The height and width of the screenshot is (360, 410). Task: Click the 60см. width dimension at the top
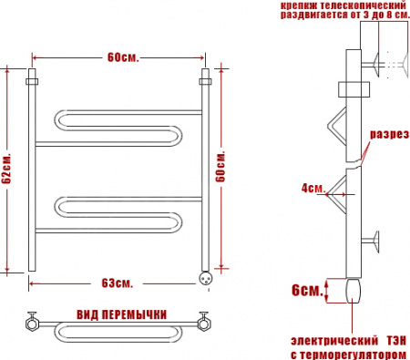coord(122,57)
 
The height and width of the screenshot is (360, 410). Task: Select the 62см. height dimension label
coord(8,169)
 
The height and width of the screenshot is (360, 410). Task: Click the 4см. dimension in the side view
coord(313,189)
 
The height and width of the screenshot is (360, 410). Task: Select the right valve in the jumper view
coord(206,321)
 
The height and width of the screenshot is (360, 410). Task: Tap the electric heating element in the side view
coord(352,291)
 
